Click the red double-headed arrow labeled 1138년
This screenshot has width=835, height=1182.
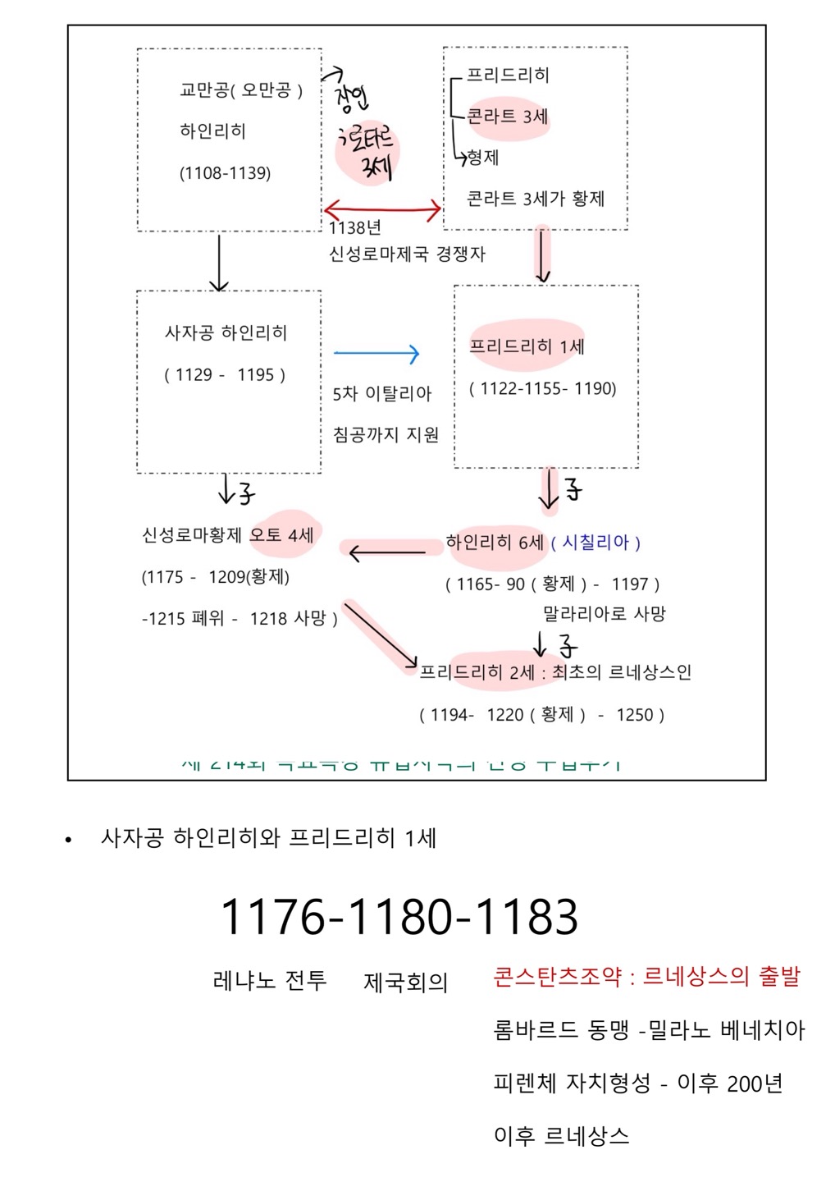pyautogui.click(x=382, y=210)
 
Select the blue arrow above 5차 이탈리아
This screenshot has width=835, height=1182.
pyautogui.click(x=376, y=354)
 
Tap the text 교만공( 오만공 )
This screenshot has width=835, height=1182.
pyautogui.click(x=241, y=90)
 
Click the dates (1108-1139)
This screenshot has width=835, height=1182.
pyautogui.click(x=225, y=173)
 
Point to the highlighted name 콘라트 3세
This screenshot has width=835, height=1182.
pyautogui.click(x=507, y=117)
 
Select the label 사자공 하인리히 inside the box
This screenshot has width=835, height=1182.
pyautogui.click(x=226, y=333)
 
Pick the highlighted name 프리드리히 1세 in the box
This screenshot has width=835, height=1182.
pyautogui.click(x=527, y=346)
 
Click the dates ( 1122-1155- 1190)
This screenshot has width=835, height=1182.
pyautogui.click(x=543, y=388)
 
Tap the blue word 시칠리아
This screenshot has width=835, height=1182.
pyautogui.click(x=595, y=543)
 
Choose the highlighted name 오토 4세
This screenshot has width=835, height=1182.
pyautogui.click(x=281, y=535)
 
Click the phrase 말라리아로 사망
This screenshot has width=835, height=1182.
pyautogui.click(x=604, y=614)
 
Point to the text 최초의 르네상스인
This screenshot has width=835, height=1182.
pyautogui.click(x=622, y=672)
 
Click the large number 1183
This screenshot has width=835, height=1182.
pyautogui.click(x=527, y=917)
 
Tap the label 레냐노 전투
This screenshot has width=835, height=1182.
pyautogui.click(x=269, y=980)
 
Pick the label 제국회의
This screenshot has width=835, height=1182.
pyautogui.click(x=405, y=982)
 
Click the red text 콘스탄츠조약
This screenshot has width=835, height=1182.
pyautogui.click(x=557, y=976)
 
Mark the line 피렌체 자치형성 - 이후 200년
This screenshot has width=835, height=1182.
pyautogui.click(x=637, y=1083)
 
